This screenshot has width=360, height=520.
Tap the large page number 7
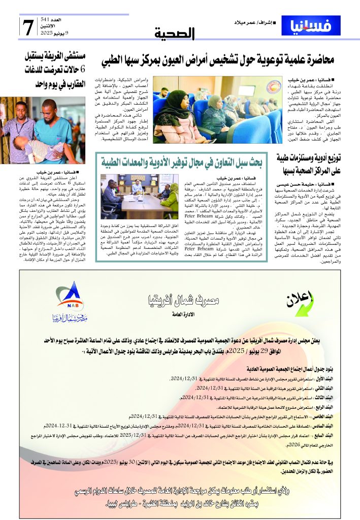point(28,26)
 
